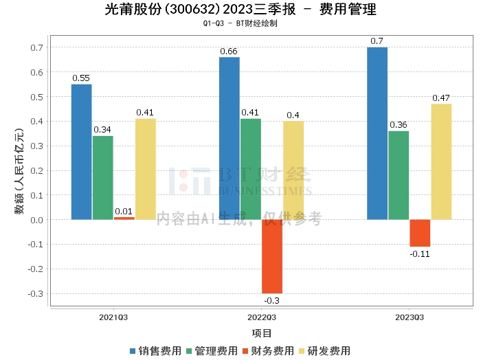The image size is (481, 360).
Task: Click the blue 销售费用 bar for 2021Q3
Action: pyautogui.click(x=82, y=152)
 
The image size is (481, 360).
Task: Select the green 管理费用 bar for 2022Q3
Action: pyautogui.click(x=251, y=169)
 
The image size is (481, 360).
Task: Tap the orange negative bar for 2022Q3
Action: pyautogui.click(x=272, y=256)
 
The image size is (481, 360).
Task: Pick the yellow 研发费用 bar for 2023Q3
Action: pyautogui.click(x=441, y=161)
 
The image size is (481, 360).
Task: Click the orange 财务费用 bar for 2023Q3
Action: pyautogui.click(x=420, y=233)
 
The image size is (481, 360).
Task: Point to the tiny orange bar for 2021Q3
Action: pyautogui.click(x=124, y=218)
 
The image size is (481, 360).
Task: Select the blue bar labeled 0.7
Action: pyautogui.click(x=377, y=133)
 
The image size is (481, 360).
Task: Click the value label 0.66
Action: pyautogui.click(x=229, y=52)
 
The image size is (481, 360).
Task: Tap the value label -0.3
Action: pyautogui.click(x=272, y=300)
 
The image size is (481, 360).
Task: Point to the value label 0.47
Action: pyautogui.click(x=441, y=98)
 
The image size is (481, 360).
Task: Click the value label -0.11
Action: pyautogui.click(x=420, y=254)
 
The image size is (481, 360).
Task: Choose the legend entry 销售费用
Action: pyautogui.click(x=156, y=351)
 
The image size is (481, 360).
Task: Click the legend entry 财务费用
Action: pyautogui.click(x=269, y=351)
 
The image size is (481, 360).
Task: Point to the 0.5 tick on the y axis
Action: pyautogui.click(x=38, y=97)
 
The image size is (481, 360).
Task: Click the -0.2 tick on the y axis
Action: pyautogui.click(x=36, y=269)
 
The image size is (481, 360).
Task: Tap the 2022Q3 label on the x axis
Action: pyautogui.click(x=262, y=317)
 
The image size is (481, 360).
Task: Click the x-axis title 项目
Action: pyautogui.click(x=262, y=333)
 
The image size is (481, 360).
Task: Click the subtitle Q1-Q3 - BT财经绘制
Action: pyautogui.click(x=240, y=23)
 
